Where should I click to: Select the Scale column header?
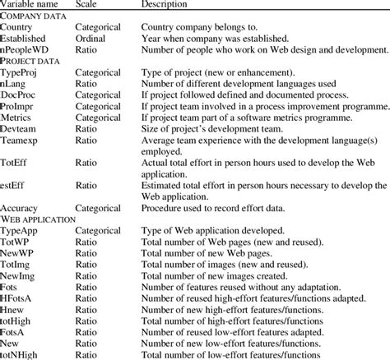(x=87, y=5)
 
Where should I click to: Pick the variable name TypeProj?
(x=25, y=72)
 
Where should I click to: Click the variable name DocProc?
(x=23, y=95)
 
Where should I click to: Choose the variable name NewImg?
(x=22, y=279)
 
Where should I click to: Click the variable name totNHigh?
(x=26, y=354)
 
